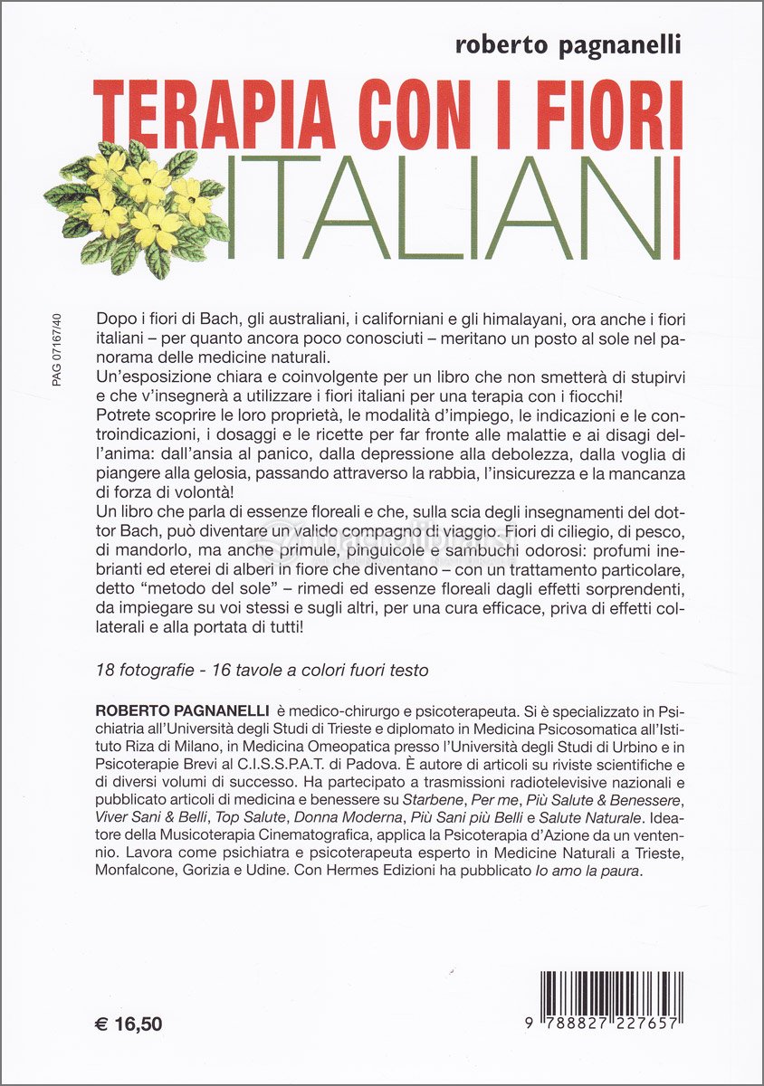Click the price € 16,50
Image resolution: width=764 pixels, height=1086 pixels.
click(x=129, y=1024)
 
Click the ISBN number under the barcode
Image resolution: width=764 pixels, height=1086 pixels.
click(x=602, y=1024)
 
